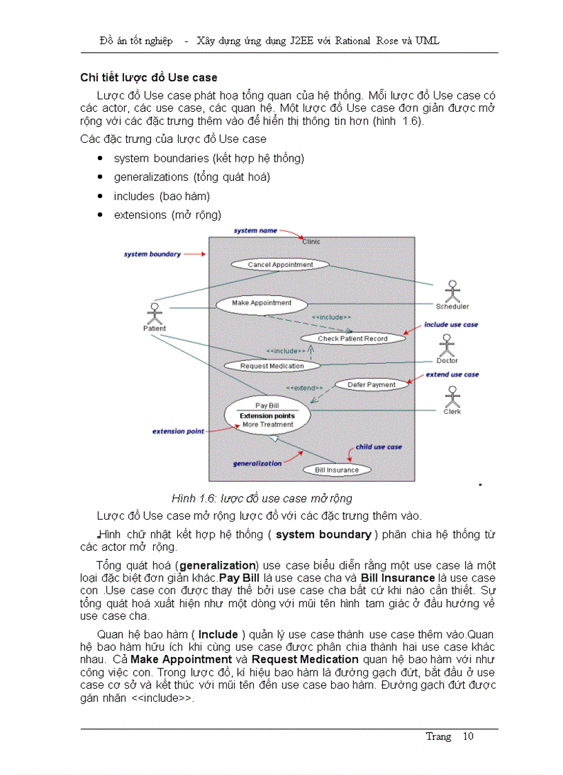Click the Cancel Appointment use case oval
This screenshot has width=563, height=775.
[280, 264]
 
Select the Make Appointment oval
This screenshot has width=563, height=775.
[261, 303]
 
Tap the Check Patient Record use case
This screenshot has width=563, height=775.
[353, 338]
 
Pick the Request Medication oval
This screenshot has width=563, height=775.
[272, 366]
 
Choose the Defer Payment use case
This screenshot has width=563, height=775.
[371, 384]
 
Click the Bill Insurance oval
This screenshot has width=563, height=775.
[337, 470]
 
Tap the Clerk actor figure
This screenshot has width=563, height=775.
[453, 396]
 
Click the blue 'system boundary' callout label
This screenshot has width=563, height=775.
[152, 254]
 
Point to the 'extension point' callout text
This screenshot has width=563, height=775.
[178, 431]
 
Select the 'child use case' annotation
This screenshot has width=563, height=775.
[378, 447]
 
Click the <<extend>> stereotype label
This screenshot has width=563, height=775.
[304, 388]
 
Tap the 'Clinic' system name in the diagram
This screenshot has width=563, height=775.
[311, 242]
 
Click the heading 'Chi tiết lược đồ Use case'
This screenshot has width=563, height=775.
[149, 77]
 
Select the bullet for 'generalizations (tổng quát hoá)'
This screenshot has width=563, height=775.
[101, 177]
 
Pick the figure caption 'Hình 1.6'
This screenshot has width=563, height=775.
[261, 498]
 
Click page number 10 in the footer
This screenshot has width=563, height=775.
[468, 736]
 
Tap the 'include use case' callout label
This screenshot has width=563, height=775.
[451, 324]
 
